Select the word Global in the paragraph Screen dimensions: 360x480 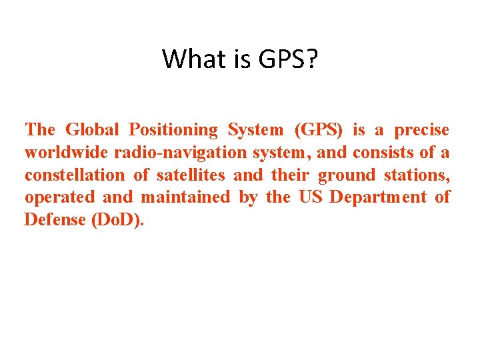point(93,129)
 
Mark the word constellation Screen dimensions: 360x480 point(74,175)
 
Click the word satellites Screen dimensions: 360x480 point(191,175)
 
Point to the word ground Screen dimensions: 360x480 point(347,176)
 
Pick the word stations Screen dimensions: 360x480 point(417,175)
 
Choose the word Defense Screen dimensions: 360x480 point(54,220)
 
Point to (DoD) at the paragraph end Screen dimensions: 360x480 point(116,220)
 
